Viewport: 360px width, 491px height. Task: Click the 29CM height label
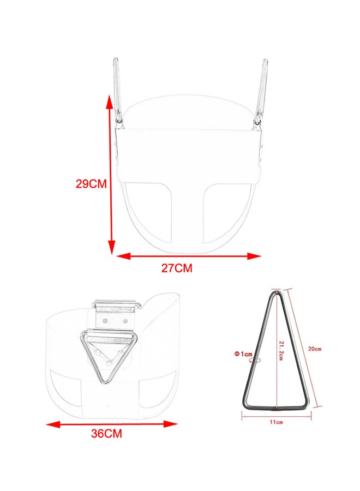(x=91, y=184)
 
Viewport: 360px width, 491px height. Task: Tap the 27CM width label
(x=177, y=268)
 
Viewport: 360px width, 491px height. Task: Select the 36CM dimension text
(x=106, y=433)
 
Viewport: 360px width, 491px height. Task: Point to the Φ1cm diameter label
(x=243, y=354)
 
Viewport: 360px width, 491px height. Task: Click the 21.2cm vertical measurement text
(x=281, y=351)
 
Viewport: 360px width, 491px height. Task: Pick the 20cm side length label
(x=315, y=349)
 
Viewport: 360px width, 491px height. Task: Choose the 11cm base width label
(x=277, y=422)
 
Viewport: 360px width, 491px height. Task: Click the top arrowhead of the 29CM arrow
(x=109, y=102)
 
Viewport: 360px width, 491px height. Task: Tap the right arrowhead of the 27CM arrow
(x=254, y=256)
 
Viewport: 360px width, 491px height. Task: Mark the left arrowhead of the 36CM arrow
(x=53, y=424)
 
